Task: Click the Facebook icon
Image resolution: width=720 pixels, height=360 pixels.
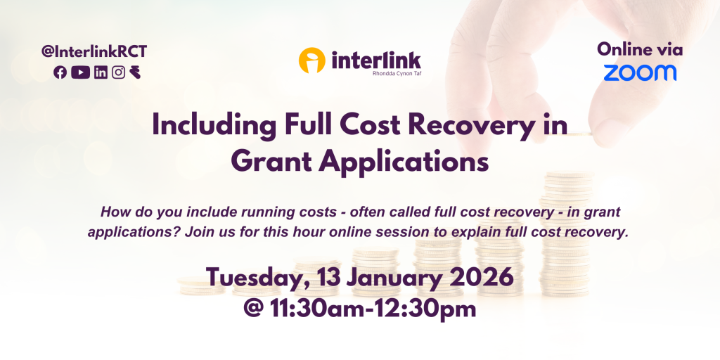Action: pos(60,72)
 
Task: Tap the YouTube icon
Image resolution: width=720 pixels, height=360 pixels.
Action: pos(80,72)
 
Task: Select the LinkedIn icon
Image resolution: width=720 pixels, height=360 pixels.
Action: pos(101,72)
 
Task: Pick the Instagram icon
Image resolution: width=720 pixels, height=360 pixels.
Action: pos(118,72)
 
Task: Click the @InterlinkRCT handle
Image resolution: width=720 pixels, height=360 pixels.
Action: pos(94,52)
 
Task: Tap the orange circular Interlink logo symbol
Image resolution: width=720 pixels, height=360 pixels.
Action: pos(311,60)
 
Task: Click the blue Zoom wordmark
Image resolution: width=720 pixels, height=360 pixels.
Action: pos(640,72)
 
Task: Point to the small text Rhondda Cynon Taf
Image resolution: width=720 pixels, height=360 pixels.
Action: pos(397,72)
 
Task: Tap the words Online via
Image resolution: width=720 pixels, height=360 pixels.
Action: pos(640,50)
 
